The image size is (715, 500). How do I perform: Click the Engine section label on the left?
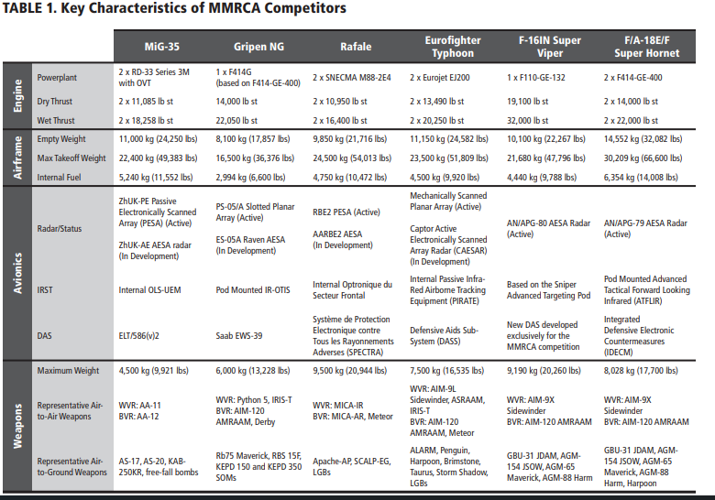coord(15,94)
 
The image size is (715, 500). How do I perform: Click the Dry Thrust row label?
coord(55,102)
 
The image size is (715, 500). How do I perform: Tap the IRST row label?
coord(46,289)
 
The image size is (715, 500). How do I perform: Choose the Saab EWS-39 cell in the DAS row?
coord(238,336)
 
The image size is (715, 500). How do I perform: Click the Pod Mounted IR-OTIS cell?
coord(252,289)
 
